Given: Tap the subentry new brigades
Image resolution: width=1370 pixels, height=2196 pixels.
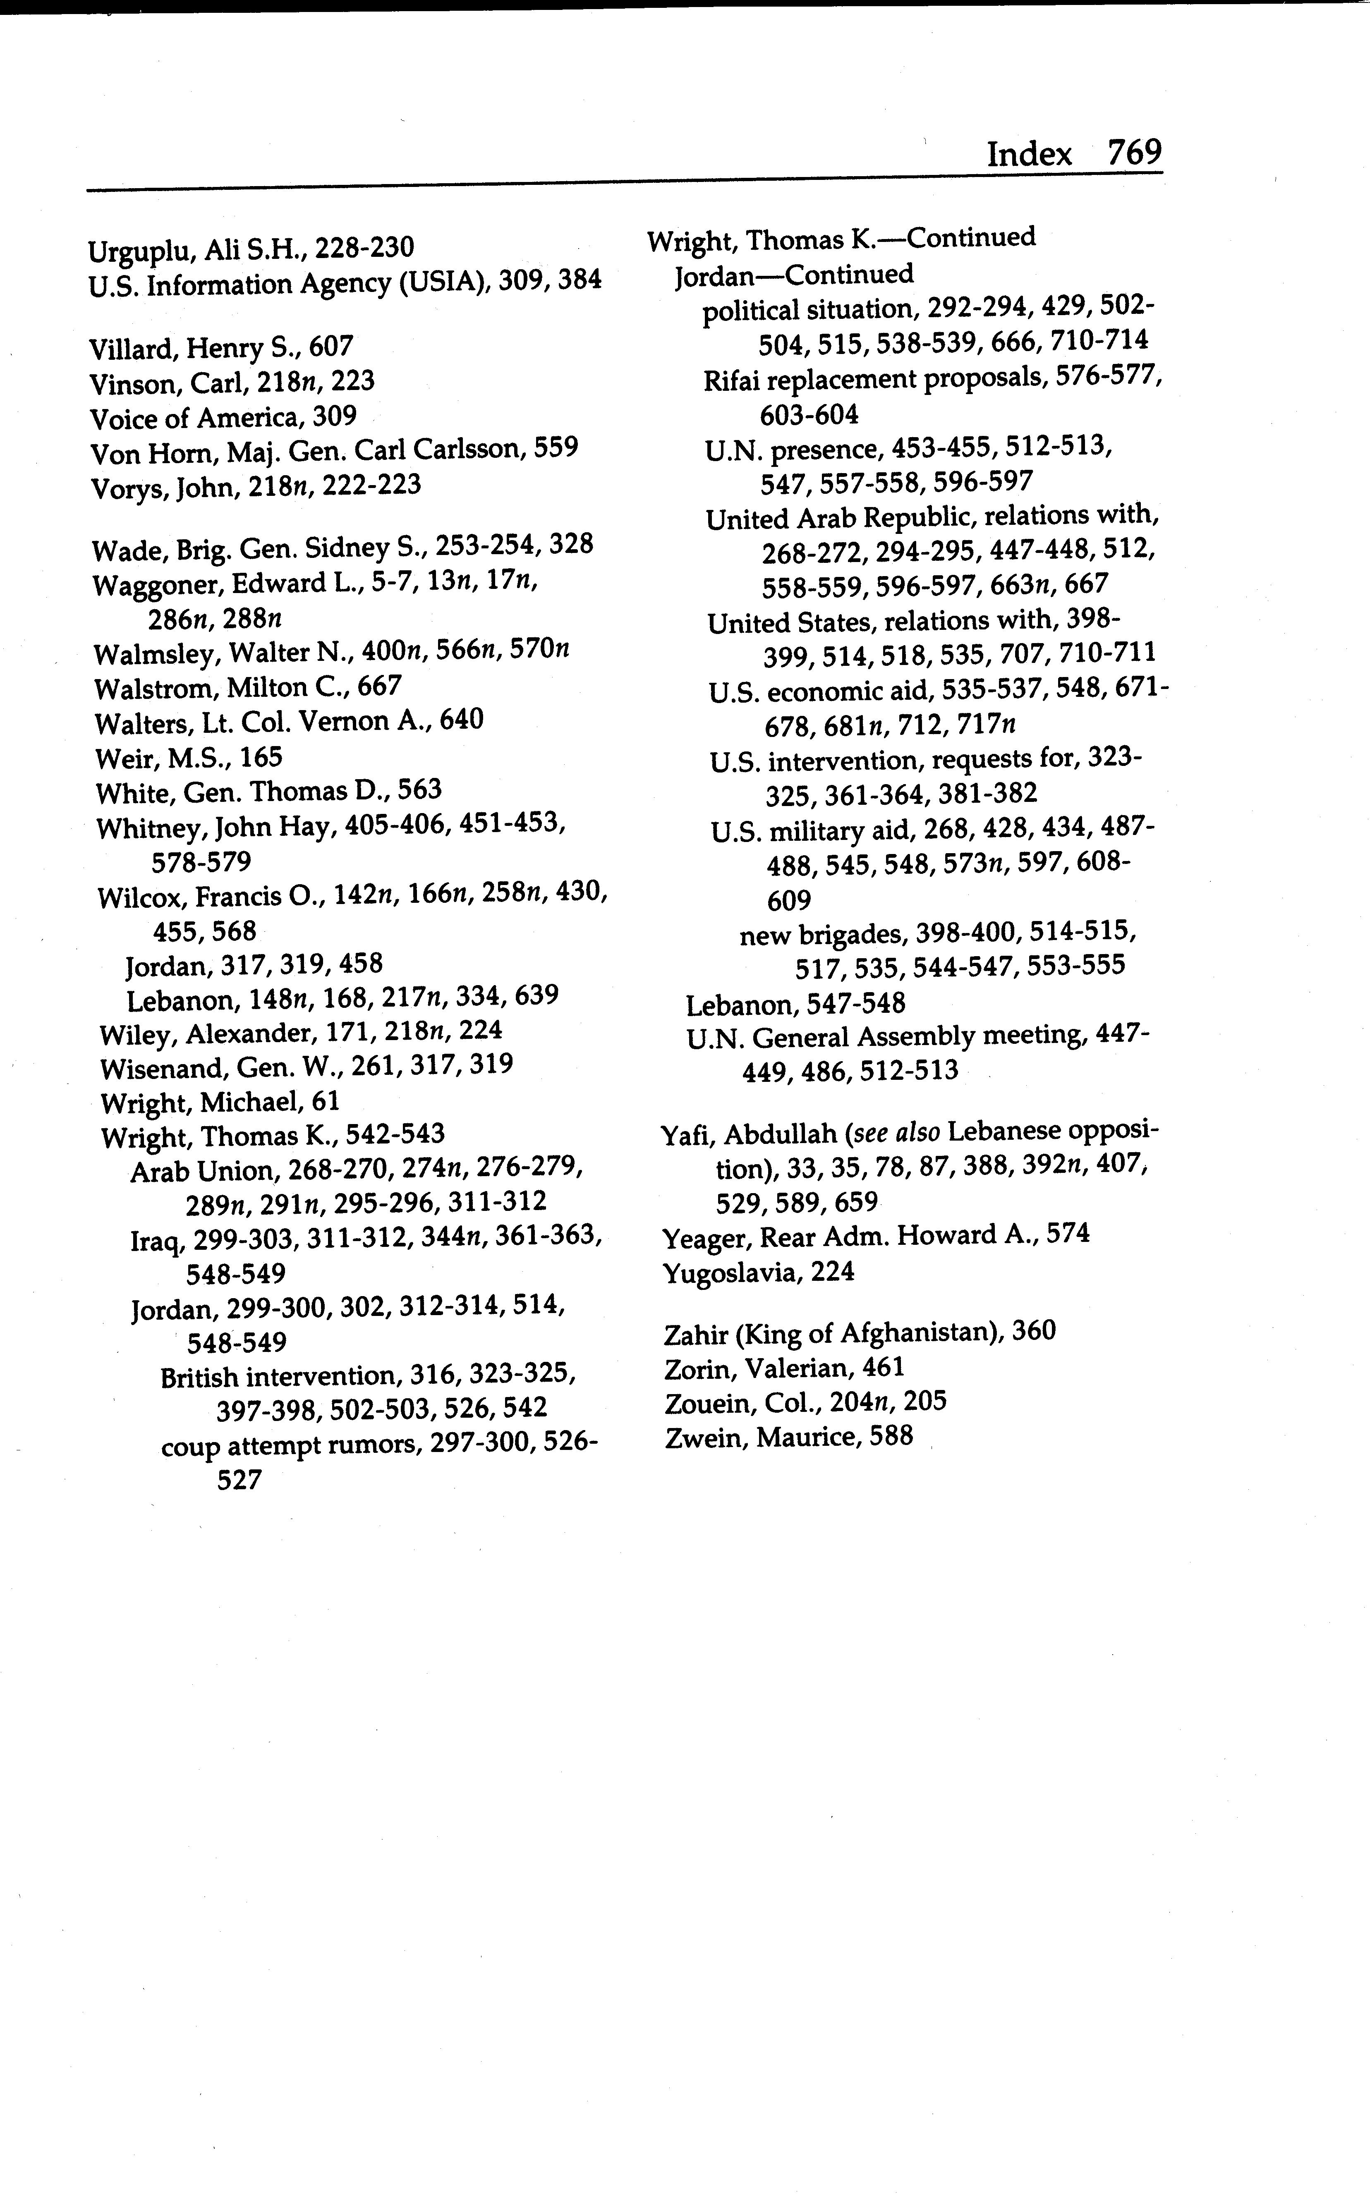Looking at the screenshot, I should (x=822, y=934).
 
